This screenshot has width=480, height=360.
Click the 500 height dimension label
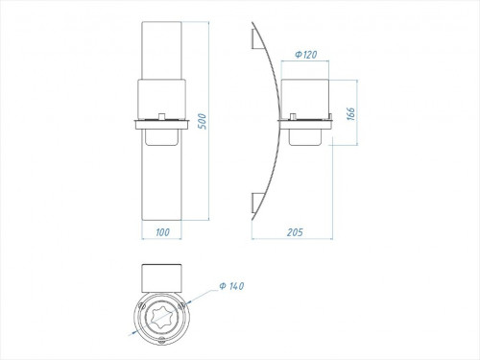click(x=203, y=121)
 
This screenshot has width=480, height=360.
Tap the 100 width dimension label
click(x=162, y=232)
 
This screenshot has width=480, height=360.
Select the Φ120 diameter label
click(x=306, y=55)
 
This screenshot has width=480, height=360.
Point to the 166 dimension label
click(x=351, y=114)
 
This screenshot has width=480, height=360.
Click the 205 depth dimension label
click(x=295, y=232)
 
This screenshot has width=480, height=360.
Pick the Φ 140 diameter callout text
click(x=231, y=286)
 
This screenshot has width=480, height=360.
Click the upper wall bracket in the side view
click(x=257, y=39)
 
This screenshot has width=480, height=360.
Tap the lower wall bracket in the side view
click(x=257, y=204)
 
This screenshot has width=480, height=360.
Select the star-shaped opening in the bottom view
click(x=161, y=318)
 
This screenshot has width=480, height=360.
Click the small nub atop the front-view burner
click(x=162, y=116)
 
